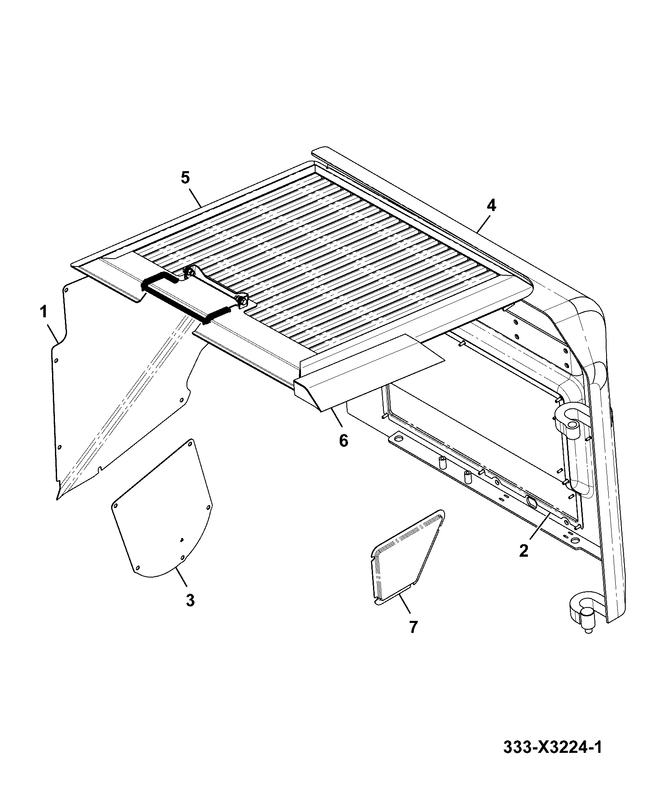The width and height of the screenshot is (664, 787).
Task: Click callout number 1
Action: point(43,312)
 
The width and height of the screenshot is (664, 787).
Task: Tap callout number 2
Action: point(523,550)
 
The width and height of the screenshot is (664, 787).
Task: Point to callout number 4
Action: point(491,205)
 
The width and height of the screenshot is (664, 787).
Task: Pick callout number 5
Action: point(185,178)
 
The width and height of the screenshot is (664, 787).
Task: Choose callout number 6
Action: point(343,440)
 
